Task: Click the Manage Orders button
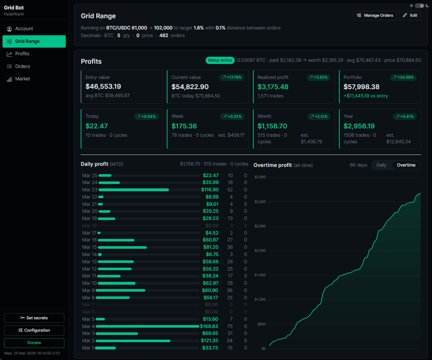(x=375, y=16)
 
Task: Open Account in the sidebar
(x=24, y=29)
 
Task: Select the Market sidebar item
(x=23, y=79)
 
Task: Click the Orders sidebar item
(x=23, y=67)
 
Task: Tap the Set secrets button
(x=34, y=318)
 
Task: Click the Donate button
(x=34, y=343)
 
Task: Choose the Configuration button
(x=34, y=330)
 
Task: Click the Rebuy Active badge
(x=220, y=60)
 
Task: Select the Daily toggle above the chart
(x=381, y=165)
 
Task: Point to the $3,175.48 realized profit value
(x=273, y=87)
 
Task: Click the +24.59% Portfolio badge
(x=404, y=77)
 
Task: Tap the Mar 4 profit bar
(x=148, y=327)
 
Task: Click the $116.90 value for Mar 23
(x=210, y=190)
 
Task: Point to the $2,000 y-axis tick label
(x=260, y=251)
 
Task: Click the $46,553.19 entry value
(x=103, y=87)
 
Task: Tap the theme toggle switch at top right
(x=419, y=6)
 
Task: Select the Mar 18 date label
(x=89, y=226)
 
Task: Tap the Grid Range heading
(x=98, y=16)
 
